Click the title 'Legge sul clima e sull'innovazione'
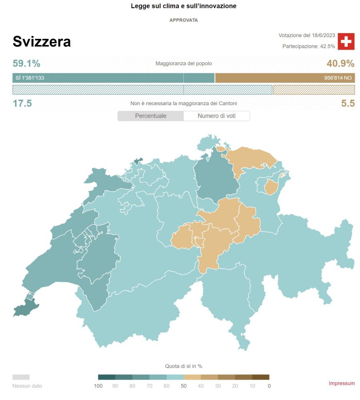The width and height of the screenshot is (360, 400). tap(184, 6)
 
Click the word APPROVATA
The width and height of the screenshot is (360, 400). tap(184, 20)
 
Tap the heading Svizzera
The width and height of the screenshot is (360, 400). tap(42, 42)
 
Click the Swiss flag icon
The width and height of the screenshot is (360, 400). tap(346, 42)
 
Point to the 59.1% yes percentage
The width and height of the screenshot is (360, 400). tap(26, 64)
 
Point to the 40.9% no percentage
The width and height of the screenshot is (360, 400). tap(340, 64)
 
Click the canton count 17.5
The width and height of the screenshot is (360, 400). tap(22, 104)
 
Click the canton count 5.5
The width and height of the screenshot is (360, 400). tap(348, 104)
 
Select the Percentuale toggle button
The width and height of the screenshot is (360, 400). tap(150, 116)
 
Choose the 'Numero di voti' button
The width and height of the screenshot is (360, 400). tap(216, 116)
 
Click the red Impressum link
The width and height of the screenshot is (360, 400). tap(342, 383)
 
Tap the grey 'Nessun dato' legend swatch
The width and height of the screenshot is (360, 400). tap(21, 377)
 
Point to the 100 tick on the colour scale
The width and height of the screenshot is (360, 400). tap(98, 386)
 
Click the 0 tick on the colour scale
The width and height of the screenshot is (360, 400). tap(269, 386)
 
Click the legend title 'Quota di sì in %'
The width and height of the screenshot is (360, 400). tap(184, 366)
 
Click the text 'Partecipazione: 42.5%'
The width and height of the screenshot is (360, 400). tap(308, 46)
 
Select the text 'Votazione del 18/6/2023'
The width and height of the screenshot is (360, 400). tap(307, 35)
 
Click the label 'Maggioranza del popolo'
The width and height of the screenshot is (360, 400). tap(184, 64)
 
